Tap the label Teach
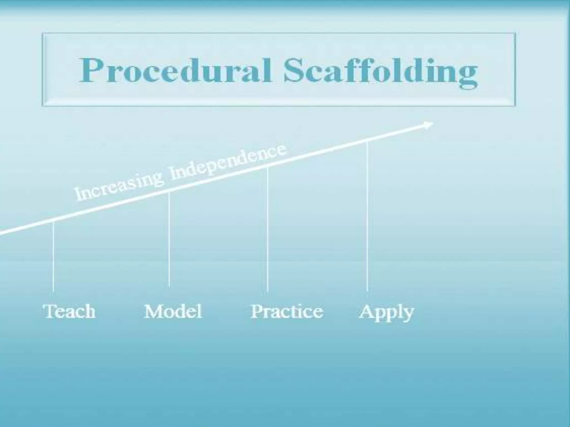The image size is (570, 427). [x=69, y=311]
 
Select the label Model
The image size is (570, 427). [x=173, y=311]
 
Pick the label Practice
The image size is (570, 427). [x=287, y=311]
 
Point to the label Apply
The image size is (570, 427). [x=386, y=312]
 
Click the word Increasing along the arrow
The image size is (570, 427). [x=118, y=186]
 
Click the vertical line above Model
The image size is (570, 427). [x=169, y=239]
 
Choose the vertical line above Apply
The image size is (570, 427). [x=367, y=217]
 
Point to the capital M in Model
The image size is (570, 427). [x=153, y=311]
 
